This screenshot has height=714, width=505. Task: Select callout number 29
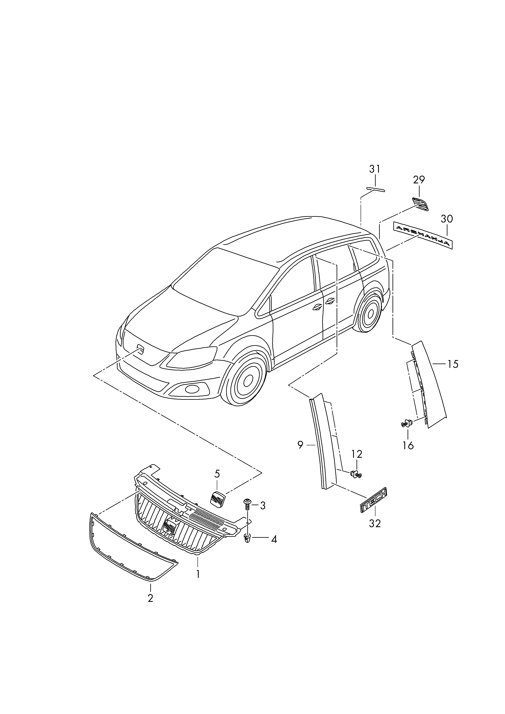pyautogui.click(x=419, y=180)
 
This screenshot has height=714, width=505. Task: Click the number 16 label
pyautogui.click(x=408, y=446)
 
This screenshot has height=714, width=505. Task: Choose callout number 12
pyautogui.click(x=357, y=454)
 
